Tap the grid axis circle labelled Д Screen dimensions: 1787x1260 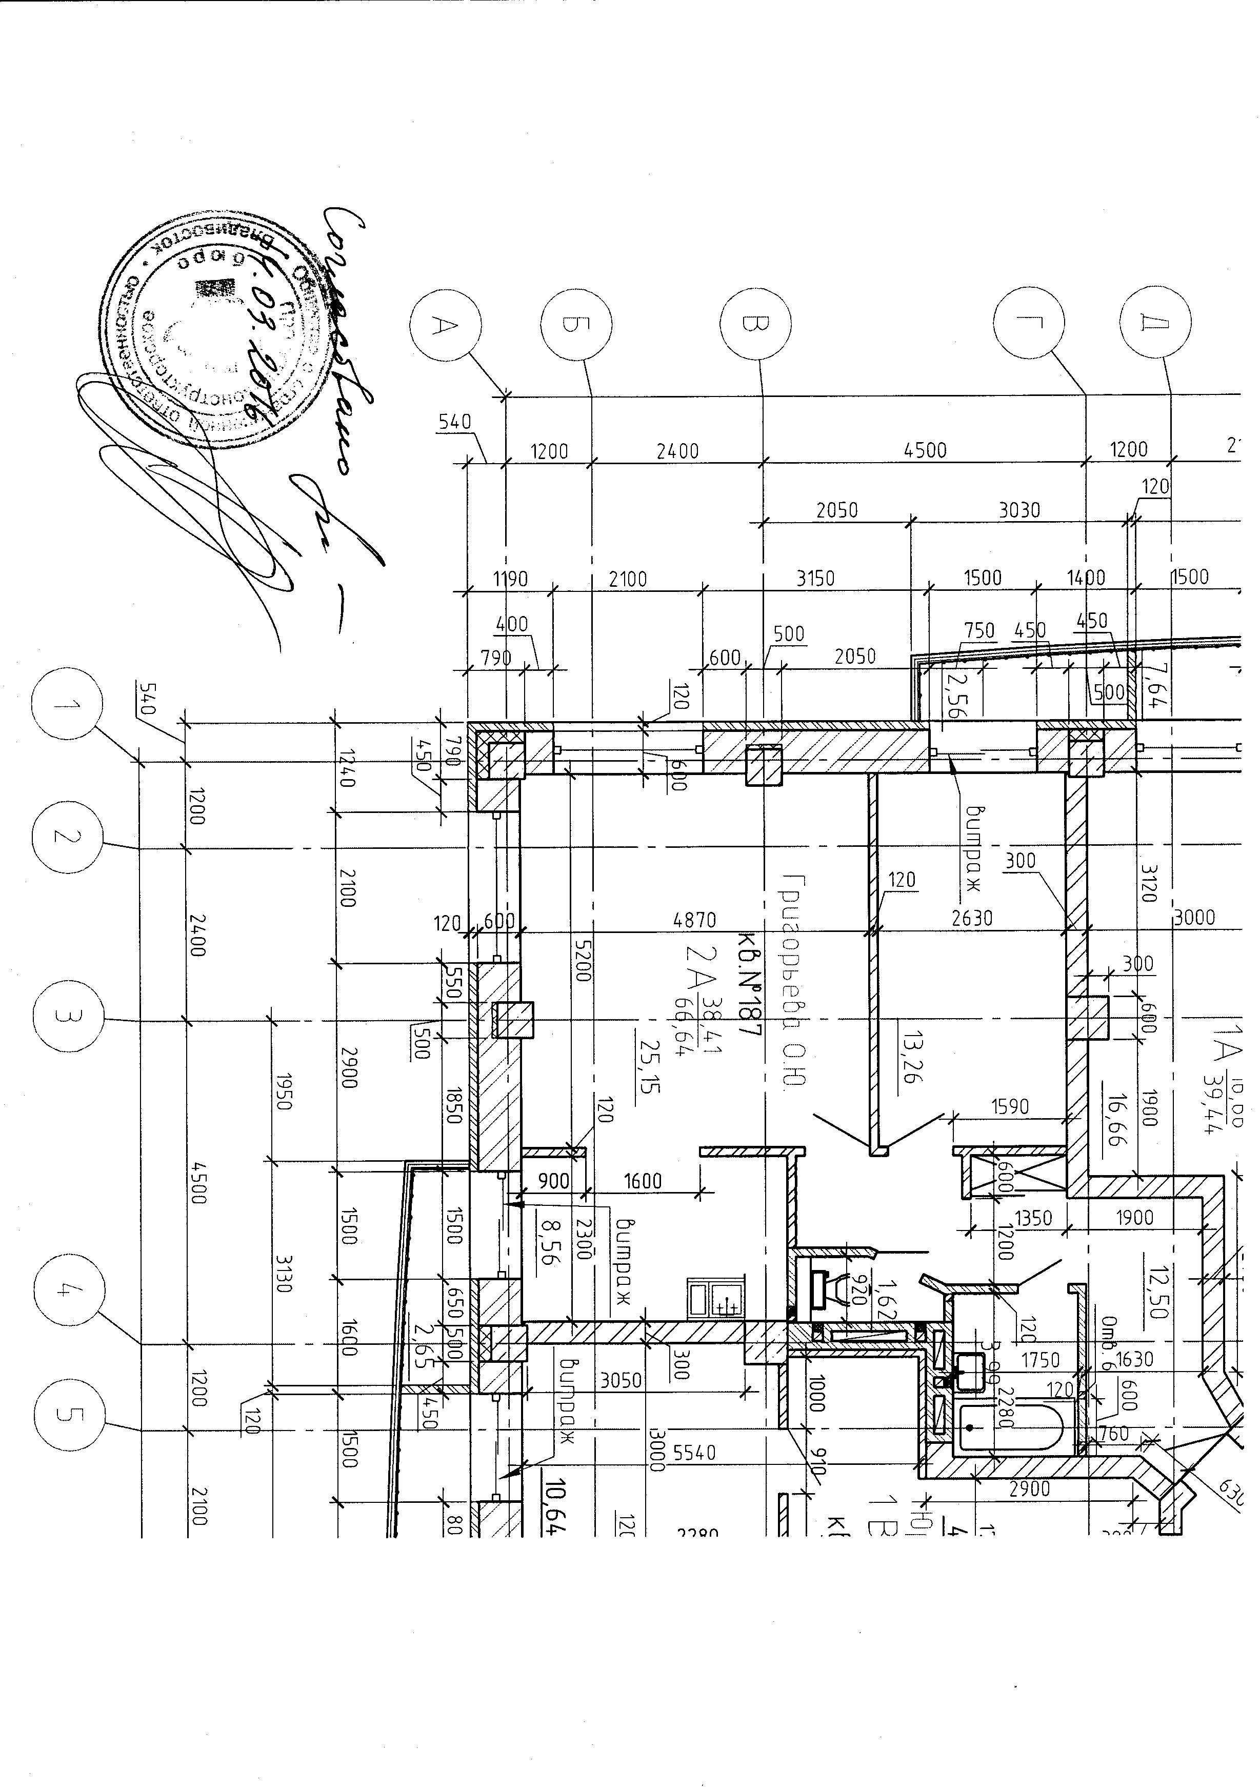(x=1156, y=322)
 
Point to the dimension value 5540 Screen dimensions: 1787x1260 (x=694, y=1453)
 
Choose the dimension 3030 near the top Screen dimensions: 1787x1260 (x=1019, y=510)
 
